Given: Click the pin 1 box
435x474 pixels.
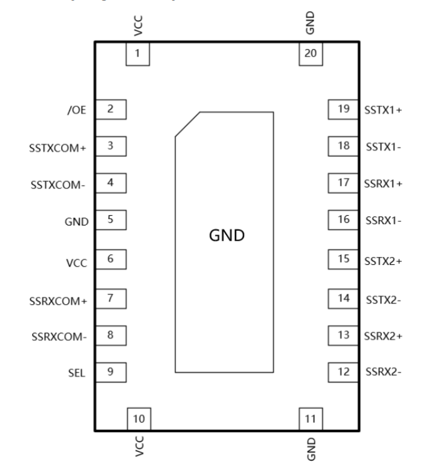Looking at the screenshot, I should point(137,53).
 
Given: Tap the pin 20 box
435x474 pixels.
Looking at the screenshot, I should point(311,53).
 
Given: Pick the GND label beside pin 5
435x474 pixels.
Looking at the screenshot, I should point(79,221).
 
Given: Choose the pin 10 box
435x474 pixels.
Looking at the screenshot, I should point(138,418).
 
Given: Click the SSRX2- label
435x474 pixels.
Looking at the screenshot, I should point(383,372).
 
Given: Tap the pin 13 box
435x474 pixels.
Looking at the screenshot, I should point(344,335).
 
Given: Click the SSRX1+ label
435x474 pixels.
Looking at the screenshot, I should point(383,183).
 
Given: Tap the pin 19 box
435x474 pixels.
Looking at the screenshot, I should point(344,109).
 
